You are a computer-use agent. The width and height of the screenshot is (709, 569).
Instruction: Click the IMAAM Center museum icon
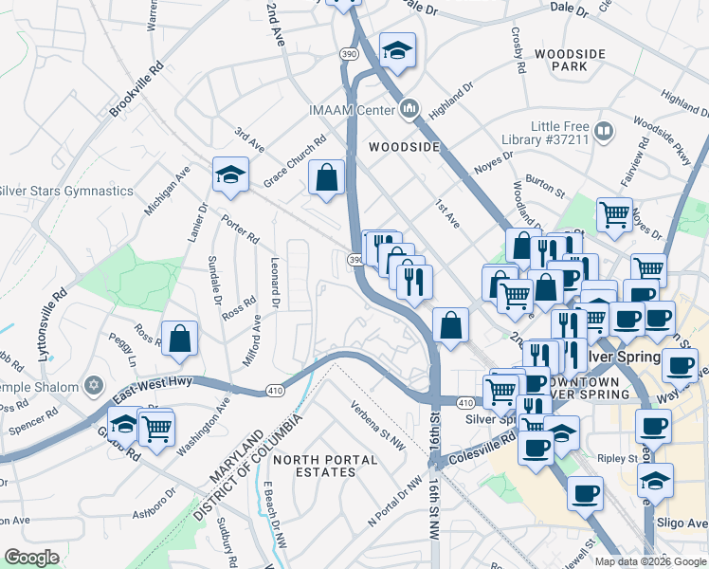(x=409, y=110)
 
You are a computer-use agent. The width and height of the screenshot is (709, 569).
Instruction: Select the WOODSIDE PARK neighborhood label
(x=569, y=61)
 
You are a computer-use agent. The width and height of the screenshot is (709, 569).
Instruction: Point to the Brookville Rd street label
(x=136, y=90)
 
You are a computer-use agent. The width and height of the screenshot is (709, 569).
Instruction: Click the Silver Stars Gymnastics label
(x=66, y=191)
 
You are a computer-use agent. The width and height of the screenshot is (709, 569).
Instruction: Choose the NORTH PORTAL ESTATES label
(x=325, y=466)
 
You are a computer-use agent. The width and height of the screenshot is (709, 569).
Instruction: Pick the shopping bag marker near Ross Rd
(x=179, y=340)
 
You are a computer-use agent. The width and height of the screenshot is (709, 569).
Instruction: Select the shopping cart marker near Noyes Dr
(x=615, y=215)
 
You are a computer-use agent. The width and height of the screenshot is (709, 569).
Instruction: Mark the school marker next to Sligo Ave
(x=656, y=482)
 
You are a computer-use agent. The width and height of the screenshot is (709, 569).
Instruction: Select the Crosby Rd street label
(x=518, y=56)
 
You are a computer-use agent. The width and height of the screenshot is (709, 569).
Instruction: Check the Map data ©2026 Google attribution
(x=649, y=560)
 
